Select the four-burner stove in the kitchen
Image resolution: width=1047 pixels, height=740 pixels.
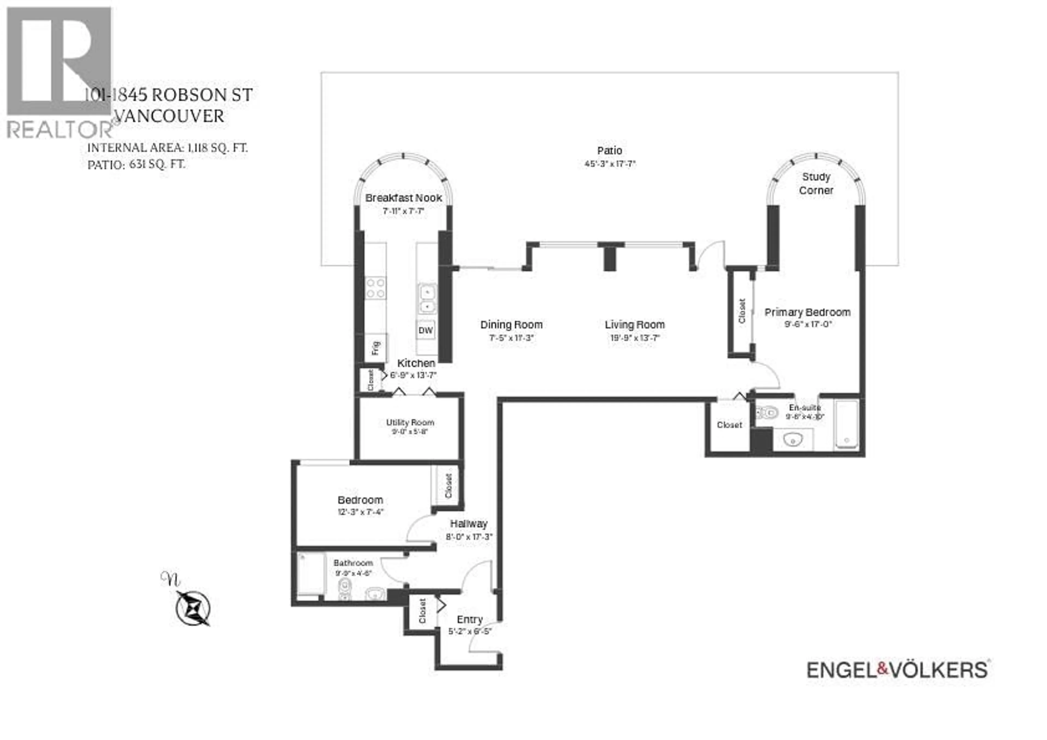click(376, 288)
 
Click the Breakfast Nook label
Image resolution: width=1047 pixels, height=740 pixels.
click(404, 198)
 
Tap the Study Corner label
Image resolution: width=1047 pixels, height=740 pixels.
click(816, 183)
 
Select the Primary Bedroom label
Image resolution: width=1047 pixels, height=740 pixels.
click(807, 312)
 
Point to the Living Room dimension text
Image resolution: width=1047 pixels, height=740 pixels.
click(635, 338)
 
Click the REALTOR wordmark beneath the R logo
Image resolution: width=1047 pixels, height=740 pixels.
click(59, 130)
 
